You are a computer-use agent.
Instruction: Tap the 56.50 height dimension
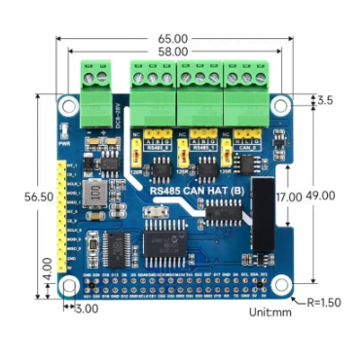tap(28, 196)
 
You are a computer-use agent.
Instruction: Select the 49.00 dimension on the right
tap(320, 195)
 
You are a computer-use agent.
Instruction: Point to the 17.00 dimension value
tap(288, 197)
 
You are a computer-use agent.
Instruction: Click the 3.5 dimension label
tap(325, 100)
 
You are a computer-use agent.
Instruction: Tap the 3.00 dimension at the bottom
tap(87, 308)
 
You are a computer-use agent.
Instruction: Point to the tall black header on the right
tap(262, 213)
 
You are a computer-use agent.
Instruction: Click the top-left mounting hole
tap(70, 104)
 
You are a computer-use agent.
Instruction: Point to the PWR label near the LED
tap(66, 140)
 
